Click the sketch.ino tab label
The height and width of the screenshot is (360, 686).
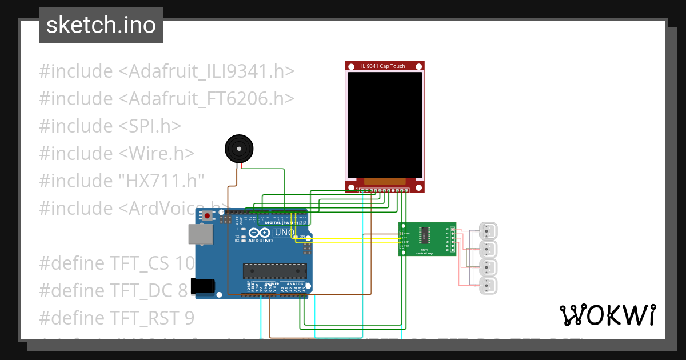(x=101, y=25)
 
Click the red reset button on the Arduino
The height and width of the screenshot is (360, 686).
(x=207, y=217)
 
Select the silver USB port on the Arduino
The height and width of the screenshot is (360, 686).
(x=201, y=235)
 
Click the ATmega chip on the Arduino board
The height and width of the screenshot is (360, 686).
(x=274, y=271)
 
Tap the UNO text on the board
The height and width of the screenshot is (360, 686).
(x=285, y=233)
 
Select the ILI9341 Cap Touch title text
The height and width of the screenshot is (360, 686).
(x=383, y=66)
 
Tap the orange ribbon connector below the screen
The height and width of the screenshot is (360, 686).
(x=385, y=181)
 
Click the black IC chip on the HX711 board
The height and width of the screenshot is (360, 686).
(x=425, y=235)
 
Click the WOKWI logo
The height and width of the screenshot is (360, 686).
(x=607, y=315)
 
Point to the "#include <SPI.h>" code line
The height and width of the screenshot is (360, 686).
(x=110, y=126)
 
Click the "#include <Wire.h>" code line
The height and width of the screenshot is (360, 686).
(x=117, y=154)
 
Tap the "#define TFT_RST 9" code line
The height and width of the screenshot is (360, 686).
(x=117, y=318)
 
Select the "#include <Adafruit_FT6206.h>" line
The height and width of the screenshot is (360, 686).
(x=166, y=99)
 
